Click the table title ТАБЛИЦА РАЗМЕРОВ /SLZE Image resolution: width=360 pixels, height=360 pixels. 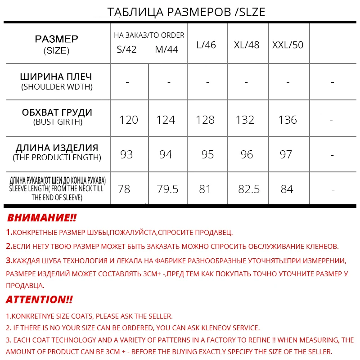pos(186,12)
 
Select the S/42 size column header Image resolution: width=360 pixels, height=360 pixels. pos(126,49)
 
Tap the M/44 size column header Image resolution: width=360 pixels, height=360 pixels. pos(166,49)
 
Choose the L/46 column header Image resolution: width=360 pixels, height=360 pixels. pos(206,45)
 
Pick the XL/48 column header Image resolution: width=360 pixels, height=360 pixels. pos(247,45)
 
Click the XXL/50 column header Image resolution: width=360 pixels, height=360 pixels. pos(288,45)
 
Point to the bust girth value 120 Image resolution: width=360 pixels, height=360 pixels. pos(129,120)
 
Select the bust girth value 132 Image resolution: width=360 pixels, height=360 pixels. pos(245,120)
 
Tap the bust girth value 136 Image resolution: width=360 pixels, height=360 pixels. pos(288,120)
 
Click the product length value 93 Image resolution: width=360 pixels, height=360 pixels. pos(126,154)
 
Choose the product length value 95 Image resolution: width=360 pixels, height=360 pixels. pos(207,154)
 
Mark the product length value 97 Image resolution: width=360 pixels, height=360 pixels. pos(286,154)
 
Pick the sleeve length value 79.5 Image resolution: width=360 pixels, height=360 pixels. pos(167,189)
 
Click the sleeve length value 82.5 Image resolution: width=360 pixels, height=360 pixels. pos(249,189)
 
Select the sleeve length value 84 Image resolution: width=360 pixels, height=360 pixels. pos(287,189)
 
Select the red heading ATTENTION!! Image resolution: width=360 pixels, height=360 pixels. pos(39,300)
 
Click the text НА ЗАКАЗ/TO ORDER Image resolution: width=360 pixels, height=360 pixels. pos(149,35)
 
